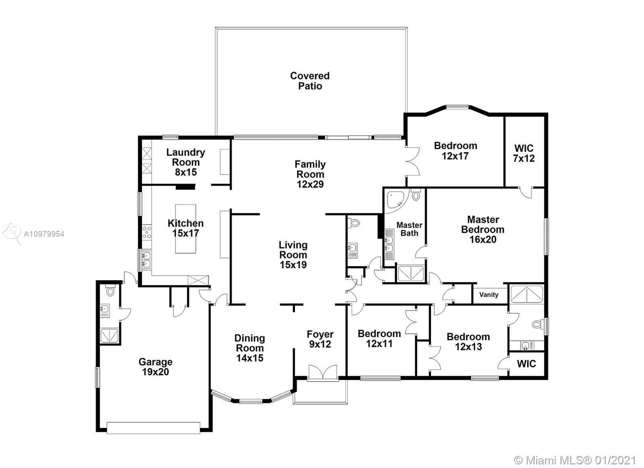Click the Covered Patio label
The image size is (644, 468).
310,81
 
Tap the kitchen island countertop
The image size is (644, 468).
186,229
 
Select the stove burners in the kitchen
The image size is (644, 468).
147,232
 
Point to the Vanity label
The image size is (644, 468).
489,295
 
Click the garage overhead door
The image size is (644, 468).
153,428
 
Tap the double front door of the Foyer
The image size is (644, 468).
322,373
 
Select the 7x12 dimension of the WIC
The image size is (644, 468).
524,159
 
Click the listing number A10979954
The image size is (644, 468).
44,234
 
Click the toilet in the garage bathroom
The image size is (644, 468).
110,291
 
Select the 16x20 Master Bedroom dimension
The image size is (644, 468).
483,239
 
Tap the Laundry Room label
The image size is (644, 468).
186,157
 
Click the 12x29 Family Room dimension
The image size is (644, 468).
310,184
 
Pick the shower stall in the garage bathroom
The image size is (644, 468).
109,336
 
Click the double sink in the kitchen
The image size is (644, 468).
147,260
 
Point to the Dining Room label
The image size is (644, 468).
250,343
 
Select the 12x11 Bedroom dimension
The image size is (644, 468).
379,344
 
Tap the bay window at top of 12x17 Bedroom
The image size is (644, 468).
457,107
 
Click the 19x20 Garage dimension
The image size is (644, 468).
155,372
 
